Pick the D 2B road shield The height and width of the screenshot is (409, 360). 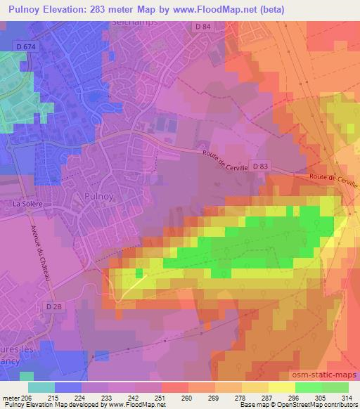point(54,306)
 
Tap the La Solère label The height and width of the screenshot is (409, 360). point(27,204)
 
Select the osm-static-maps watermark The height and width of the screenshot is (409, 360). point(329,372)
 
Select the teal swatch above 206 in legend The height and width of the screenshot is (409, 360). point(41,387)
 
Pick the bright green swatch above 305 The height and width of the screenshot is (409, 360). point(309,387)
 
